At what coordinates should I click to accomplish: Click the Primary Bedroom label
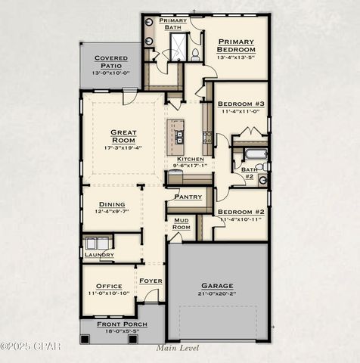[x=236, y=45]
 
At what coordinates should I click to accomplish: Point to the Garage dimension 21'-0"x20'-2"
[x=217, y=293]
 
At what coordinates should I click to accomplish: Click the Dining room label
[x=112, y=203]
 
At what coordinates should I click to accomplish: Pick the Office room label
[x=109, y=287]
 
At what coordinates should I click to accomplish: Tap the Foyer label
[x=151, y=281]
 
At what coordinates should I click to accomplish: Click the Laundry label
[x=99, y=255]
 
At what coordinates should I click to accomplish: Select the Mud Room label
[x=182, y=224]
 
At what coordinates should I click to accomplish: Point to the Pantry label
[x=188, y=197]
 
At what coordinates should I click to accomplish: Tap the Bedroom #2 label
[x=241, y=212]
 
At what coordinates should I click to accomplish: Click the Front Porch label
[x=123, y=324]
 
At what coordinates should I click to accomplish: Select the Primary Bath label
[x=172, y=23]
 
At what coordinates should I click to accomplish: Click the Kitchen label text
[x=190, y=159]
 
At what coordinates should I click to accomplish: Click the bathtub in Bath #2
[x=256, y=155]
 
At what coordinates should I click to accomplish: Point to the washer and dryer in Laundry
[x=97, y=243]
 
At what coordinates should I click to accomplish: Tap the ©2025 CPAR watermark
[x=30, y=346]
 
